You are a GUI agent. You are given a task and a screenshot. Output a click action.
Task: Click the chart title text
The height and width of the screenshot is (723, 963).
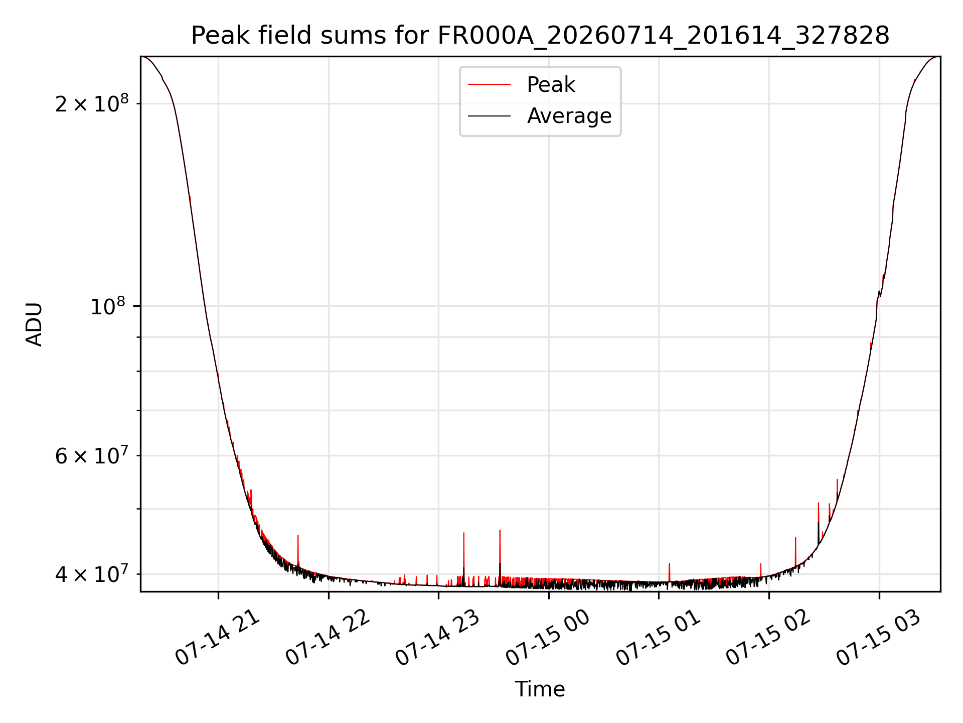pyautogui.click(x=540, y=36)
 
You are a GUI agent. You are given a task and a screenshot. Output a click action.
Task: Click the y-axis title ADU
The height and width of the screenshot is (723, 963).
pyautogui.click(x=34, y=324)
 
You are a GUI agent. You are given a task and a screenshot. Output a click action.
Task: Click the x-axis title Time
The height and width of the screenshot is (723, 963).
pyautogui.click(x=540, y=689)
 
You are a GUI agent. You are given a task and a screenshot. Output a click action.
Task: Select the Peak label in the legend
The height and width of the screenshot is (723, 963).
pyautogui.click(x=551, y=85)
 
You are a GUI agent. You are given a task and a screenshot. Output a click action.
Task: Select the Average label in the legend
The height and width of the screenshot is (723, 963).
pyautogui.click(x=569, y=116)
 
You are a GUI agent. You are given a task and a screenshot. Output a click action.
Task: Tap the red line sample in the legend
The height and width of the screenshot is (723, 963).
pyautogui.click(x=489, y=85)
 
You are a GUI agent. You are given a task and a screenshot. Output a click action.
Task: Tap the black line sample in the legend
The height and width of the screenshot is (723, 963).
pyautogui.click(x=489, y=116)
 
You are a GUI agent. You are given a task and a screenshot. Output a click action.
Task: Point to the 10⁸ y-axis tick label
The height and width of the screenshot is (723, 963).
pyautogui.click(x=109, y=305)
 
